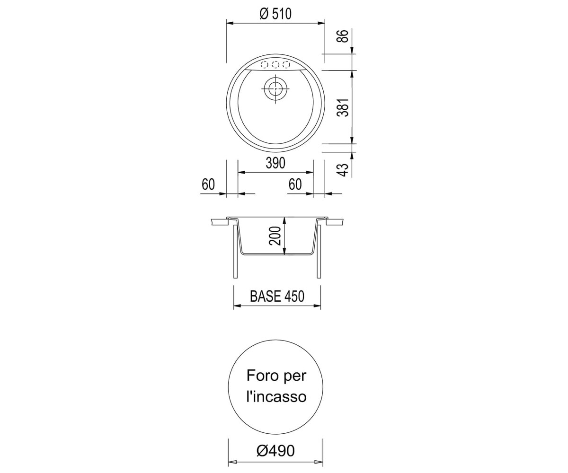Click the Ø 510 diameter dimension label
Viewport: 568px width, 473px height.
point(275,14)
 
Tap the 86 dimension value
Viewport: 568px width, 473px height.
point(344,36)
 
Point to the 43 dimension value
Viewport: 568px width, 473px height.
point(344,170)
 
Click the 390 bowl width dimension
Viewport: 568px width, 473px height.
point(275,163)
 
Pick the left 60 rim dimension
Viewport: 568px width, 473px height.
point(208,184)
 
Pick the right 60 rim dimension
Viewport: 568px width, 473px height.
point(295,184)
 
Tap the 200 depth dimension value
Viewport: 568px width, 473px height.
point(276,236)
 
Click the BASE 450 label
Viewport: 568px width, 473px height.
point(277,296)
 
